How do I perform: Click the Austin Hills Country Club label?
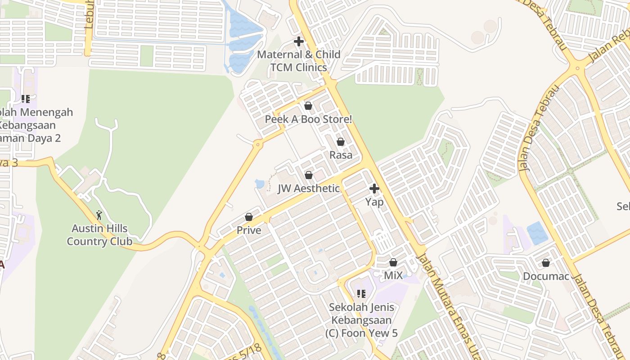pyautogui.click(x=99, y=235)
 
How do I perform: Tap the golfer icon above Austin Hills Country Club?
pyautogui.click(x=99, y=215)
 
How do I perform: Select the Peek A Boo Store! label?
pyautogui.click(x=308, y=119)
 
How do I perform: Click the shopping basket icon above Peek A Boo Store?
pyautogui.click(x=308, y=106)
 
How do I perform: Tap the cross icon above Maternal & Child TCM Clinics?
pyautogui.click(x=298, y=41)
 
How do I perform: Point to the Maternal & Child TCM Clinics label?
pyautogui.click(x=298, y=61)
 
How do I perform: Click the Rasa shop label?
pyautogui.click(x=341, y=155)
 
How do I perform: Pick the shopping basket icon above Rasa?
pyautogui.click(x=341, y=142)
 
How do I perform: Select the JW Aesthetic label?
pyautogui.click(x=309, y=189)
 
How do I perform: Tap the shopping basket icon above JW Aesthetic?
pyautogui.click(x=309, y=175)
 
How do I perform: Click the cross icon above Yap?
pyautogui.click(x=374, y=189)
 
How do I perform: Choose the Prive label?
pyautogui.click(x=249, y=230)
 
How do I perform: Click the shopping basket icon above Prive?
pyautogui.click(x=249, y=217)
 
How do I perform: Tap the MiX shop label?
pyautogui.click(x=393, y=275)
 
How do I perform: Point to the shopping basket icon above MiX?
pyautogui.click(x=393, y=262)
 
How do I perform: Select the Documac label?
pyautogui.click(x=546, y=276)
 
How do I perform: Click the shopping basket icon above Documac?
pyautogui.click(x=546, y=262)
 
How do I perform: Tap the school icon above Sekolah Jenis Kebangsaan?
pyautogui.click(x=361, y=294)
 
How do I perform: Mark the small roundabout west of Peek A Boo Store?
pyautogui.click(x=258, y=144)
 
